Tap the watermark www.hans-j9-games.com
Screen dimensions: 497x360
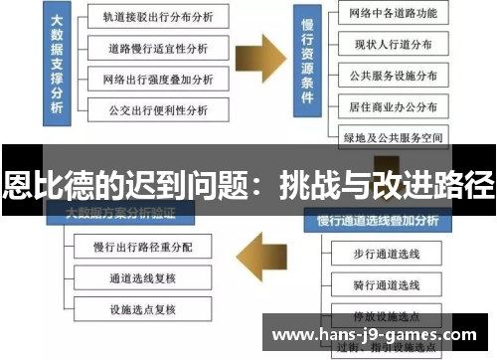click(x=374, y=335)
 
